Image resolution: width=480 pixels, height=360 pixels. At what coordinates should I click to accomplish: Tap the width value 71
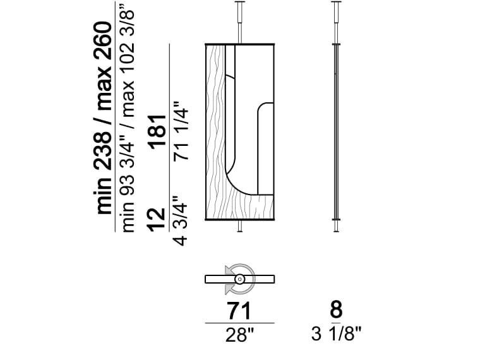239,311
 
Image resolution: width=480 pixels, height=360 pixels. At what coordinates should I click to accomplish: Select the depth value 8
336,309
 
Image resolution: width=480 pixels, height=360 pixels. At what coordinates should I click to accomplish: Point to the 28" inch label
240,335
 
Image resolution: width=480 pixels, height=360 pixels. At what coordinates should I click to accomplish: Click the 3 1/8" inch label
337,333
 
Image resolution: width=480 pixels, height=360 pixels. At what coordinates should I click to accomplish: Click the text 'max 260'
103,66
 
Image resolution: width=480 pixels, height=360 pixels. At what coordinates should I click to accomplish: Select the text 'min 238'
103,170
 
